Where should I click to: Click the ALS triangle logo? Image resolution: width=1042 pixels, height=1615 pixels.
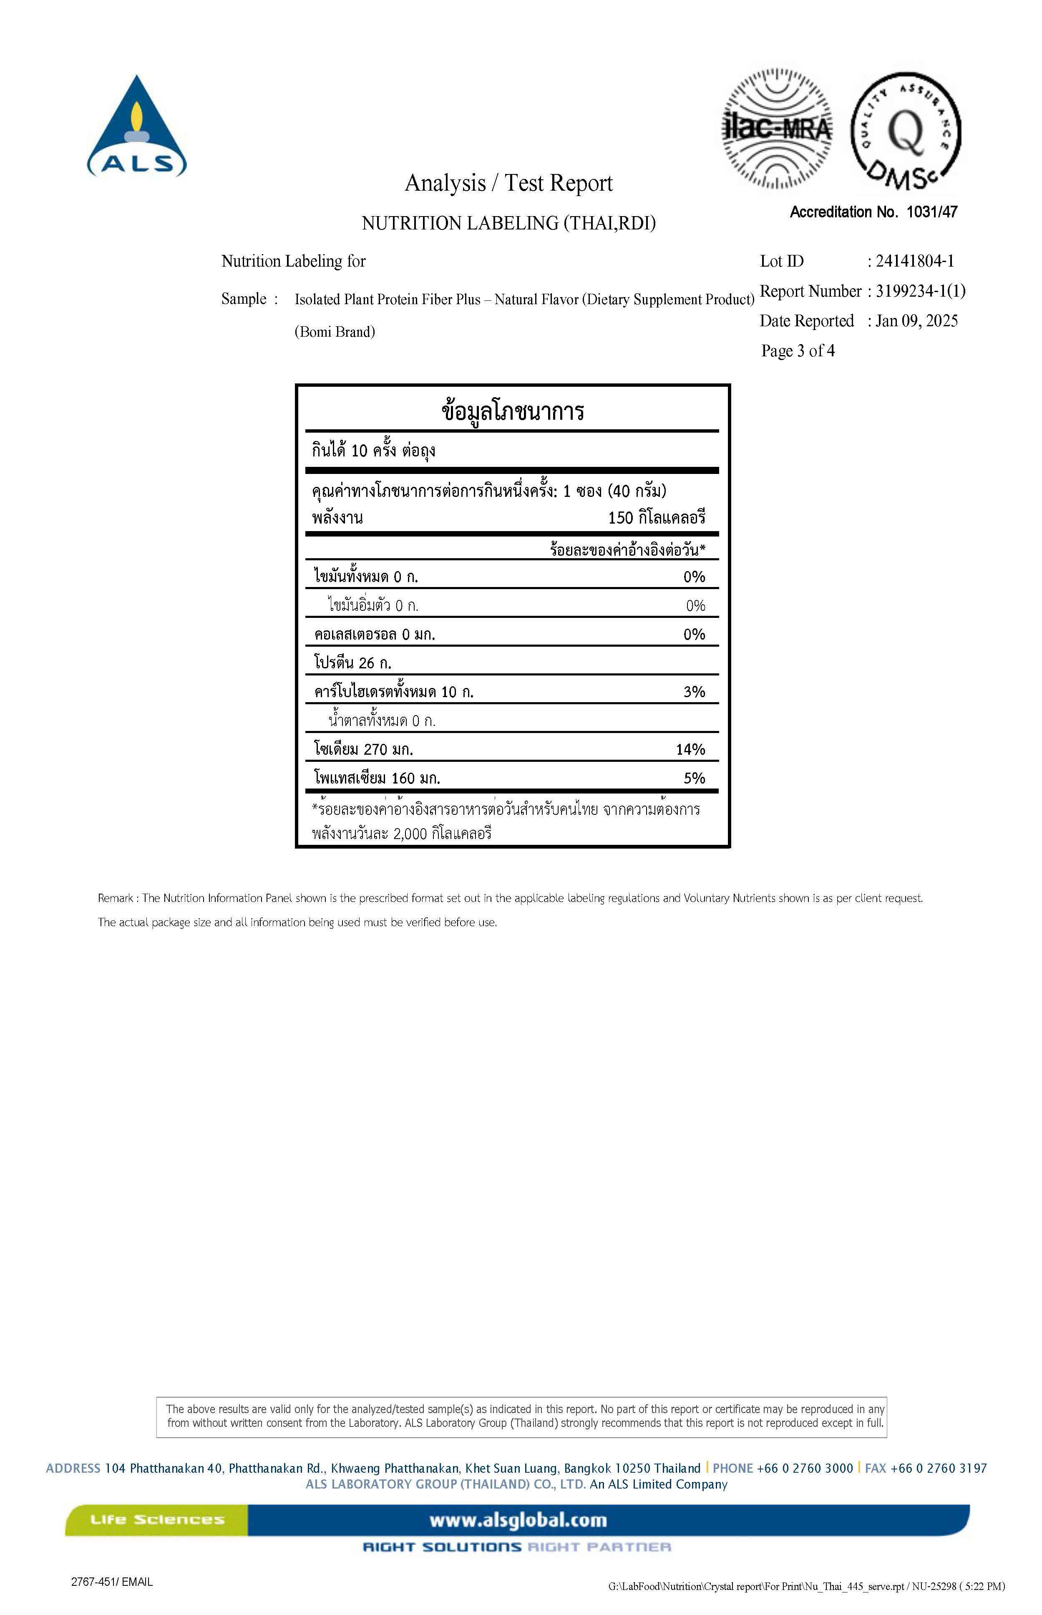[137, 127]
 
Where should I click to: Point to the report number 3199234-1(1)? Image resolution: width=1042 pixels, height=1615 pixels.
[920, 291]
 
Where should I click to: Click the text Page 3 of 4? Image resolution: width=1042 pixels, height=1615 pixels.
[798, 350]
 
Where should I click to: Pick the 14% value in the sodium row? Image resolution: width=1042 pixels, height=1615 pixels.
[690, 749]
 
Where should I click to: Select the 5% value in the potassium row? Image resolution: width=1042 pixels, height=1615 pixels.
[694, 778]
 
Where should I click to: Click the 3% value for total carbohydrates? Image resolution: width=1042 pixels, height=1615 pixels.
[694, 691]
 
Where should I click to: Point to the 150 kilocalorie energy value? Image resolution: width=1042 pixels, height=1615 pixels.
[656, 518]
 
